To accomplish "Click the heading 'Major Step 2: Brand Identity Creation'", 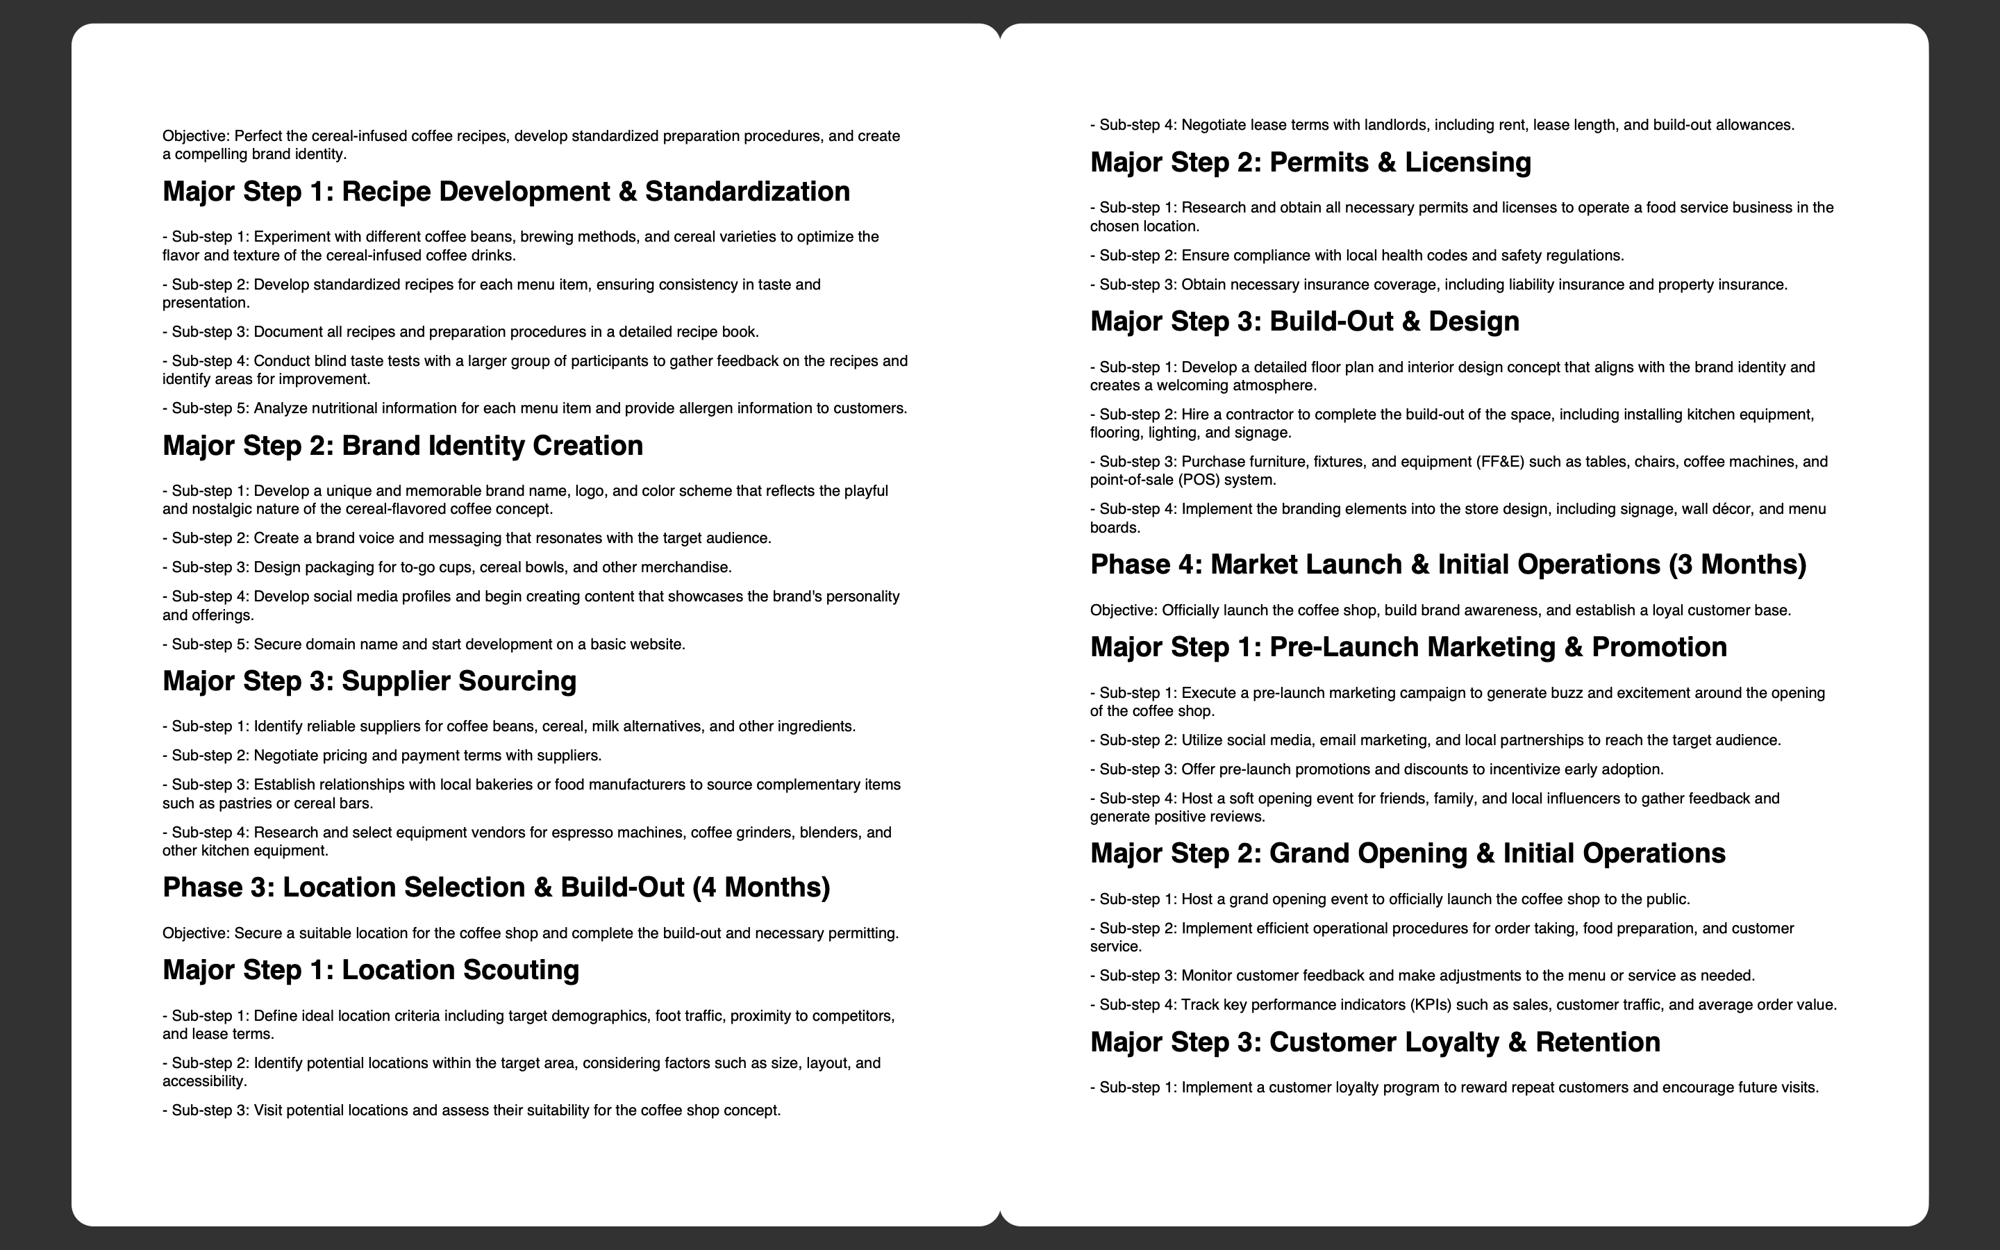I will pos(403,446).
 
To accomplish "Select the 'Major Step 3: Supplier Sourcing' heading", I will pos(369,681).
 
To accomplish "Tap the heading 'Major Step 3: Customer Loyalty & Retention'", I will pos(1374,1042).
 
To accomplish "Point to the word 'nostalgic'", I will pos(219,509).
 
